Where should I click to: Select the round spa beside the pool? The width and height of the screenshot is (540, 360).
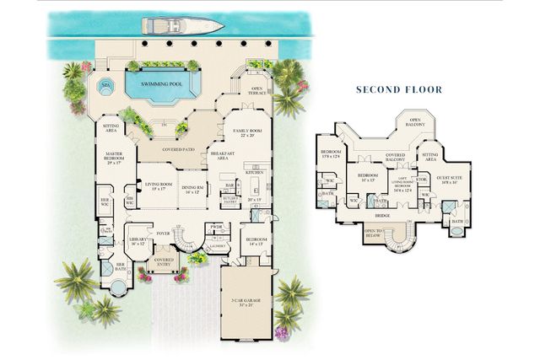[106, 85]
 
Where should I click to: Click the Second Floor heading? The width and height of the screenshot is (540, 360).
[398, 89]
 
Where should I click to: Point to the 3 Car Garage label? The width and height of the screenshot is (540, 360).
[248, 302]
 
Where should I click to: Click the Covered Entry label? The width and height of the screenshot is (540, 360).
[164, 261]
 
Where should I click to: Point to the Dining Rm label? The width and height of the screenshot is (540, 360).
[192, 189]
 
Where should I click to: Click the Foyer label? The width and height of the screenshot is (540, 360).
[164, 234]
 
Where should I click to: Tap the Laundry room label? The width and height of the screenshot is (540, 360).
[217, 245]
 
